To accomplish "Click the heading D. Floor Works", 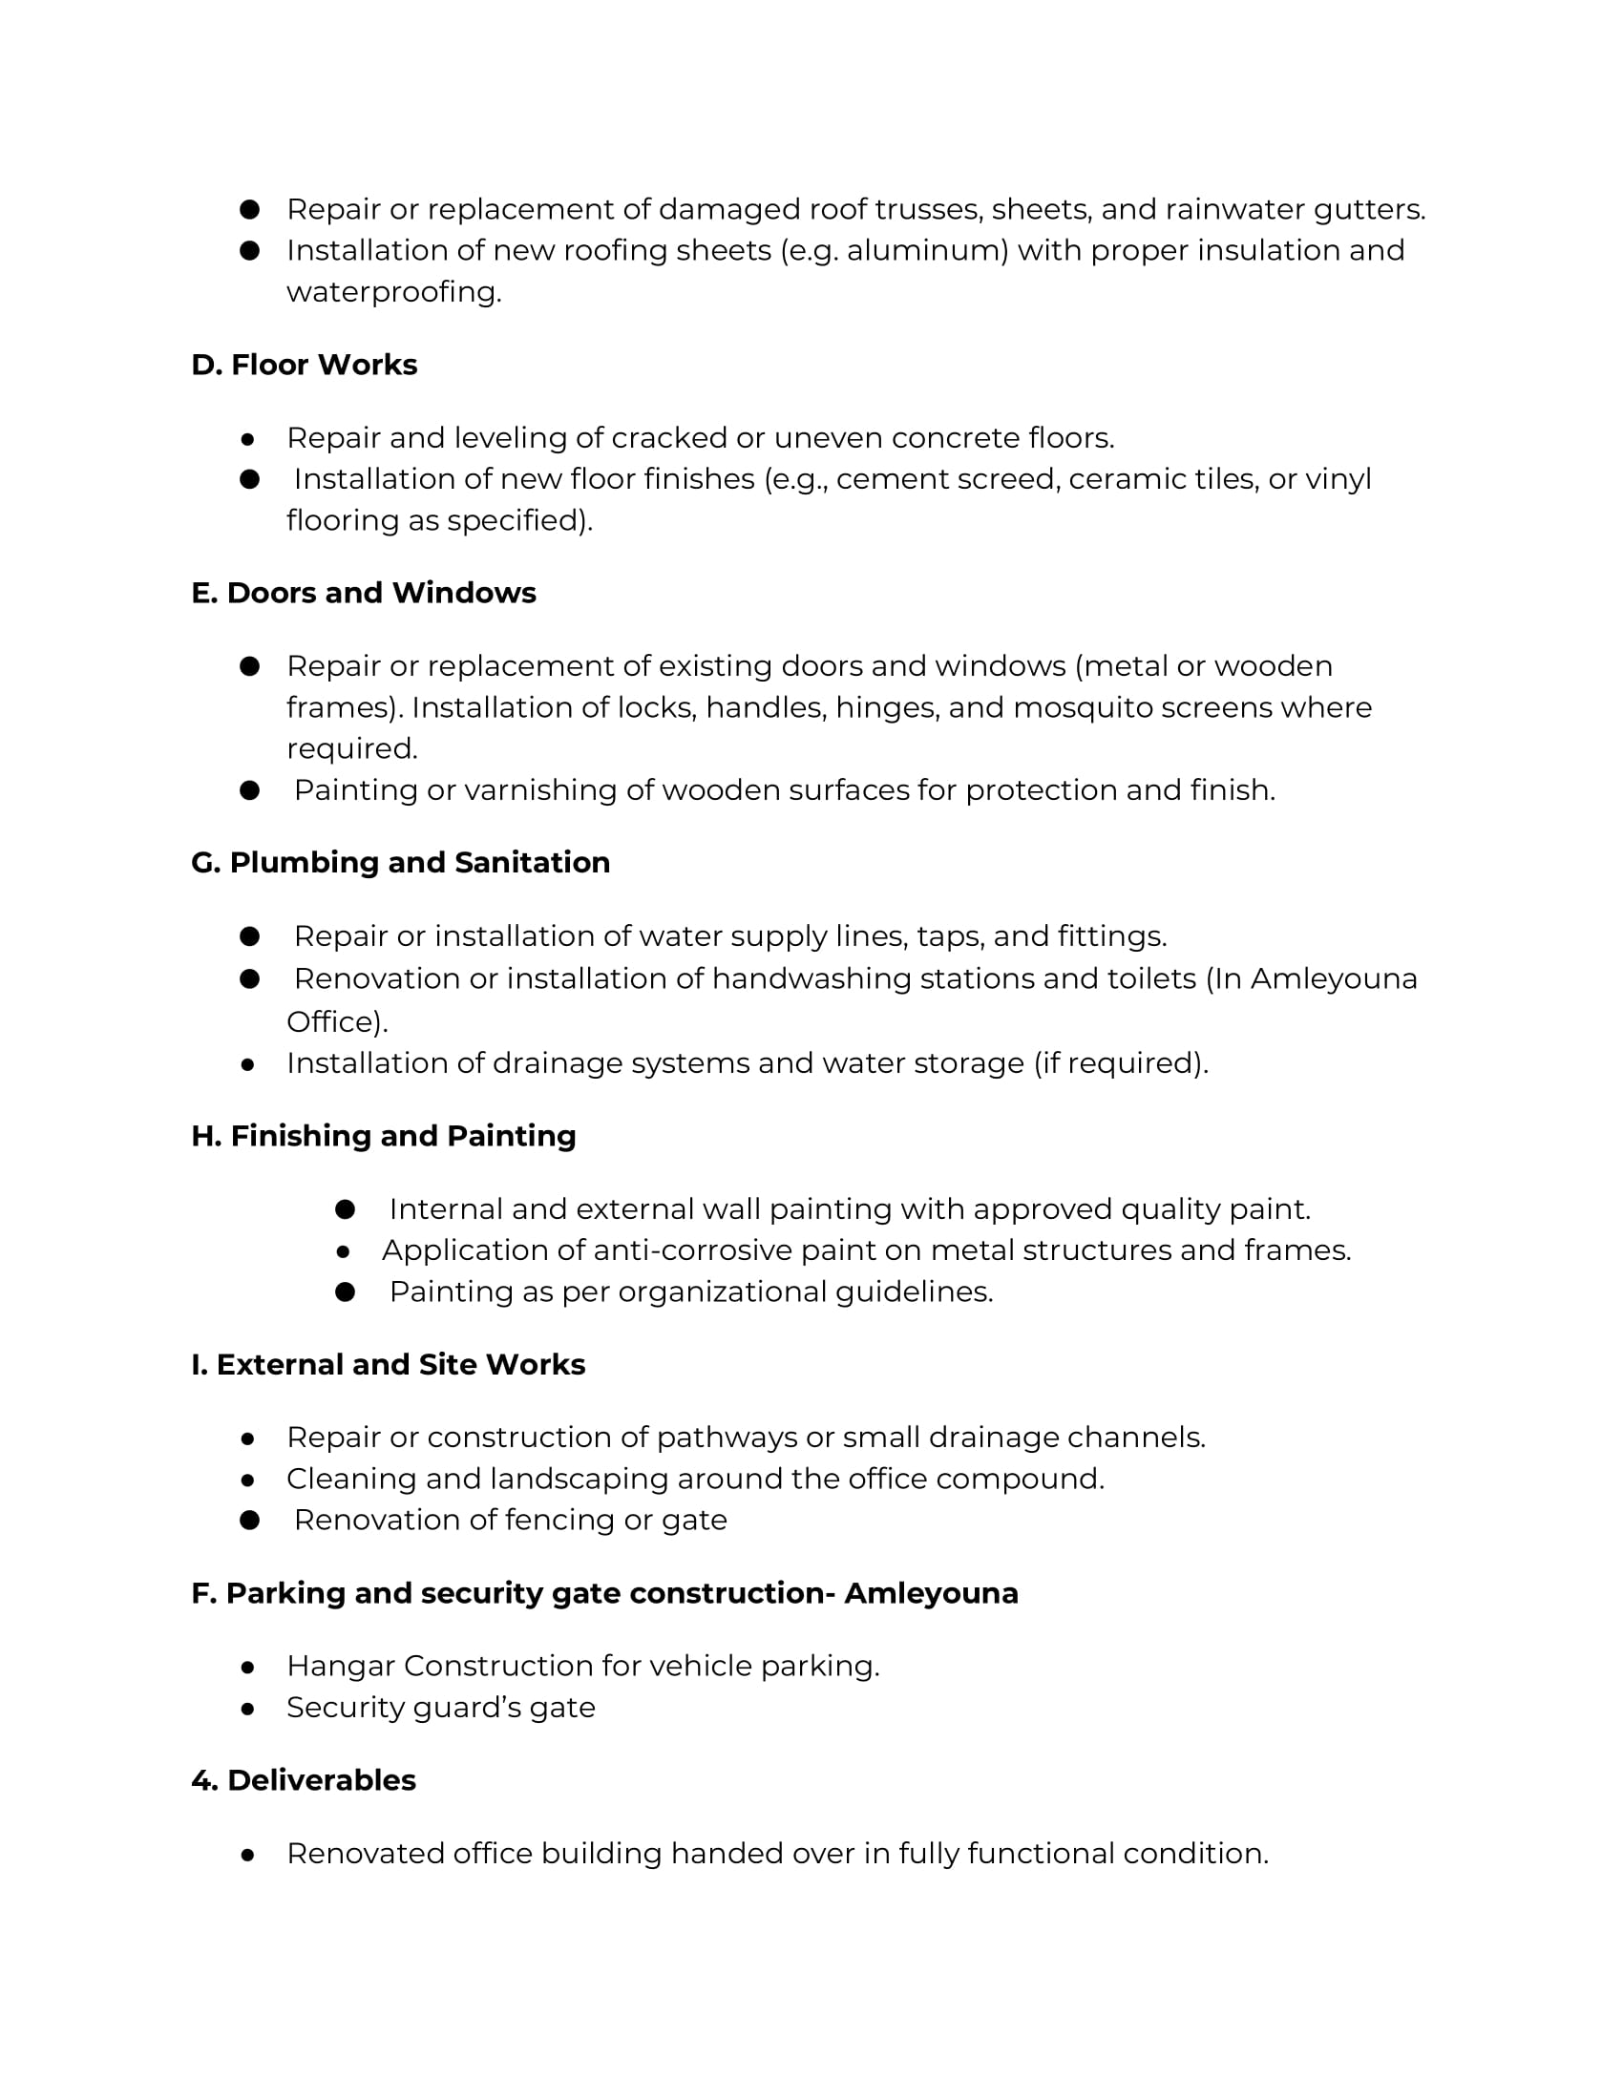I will click(304, 366).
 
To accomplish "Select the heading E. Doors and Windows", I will click(364, 594).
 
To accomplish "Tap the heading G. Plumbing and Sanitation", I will click(400, 863).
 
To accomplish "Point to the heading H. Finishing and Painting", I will click(384, 1136).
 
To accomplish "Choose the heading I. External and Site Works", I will click(389, 1364).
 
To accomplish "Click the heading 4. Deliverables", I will click(304, 1780).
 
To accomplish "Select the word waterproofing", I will click(393, 292).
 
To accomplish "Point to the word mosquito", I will click(1075, 707).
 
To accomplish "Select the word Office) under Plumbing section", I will click(336, 1021).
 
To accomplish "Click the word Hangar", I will click(341, 1667).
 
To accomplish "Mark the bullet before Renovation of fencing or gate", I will click(250, 1521).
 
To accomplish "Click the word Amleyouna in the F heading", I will click(931, 1593).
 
